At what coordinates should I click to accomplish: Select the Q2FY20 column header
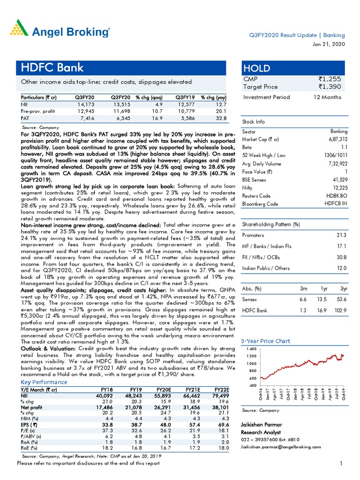[x=120, y=97]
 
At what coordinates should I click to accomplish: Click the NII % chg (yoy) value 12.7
[x=220, y=105]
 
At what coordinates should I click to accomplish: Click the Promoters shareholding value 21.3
[x=342, y=235]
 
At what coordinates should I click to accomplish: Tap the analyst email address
[x=283, y=448]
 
